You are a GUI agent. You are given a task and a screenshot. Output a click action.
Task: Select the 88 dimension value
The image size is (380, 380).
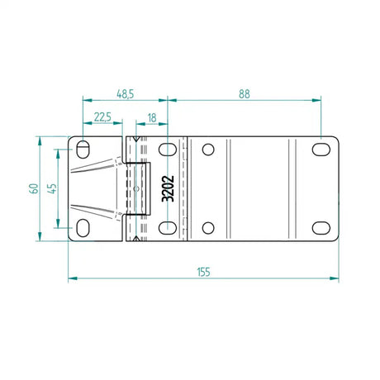pyautogui.click(x=244, y=93)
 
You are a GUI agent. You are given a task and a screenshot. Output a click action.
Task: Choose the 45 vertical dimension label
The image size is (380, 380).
pyautogui.click(x=52, y=188)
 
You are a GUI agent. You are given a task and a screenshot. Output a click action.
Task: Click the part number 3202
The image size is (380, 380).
pyautogui.click(x=168, y=188)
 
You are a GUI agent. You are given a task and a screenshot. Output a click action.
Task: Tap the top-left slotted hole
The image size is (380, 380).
pyautogui.click(x=84, y=150)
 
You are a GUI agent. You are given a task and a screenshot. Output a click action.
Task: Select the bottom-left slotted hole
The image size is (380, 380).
pyautogui.click(x=84, y=227)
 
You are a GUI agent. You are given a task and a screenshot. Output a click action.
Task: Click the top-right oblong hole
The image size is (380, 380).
pyautogui.click(x=319, y=150)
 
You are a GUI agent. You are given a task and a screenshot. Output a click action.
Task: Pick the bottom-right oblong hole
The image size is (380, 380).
pyautogui.click(x=319, y=227)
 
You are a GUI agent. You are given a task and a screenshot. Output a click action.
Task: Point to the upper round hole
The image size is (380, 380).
pyautogui.click(x=208, y=150)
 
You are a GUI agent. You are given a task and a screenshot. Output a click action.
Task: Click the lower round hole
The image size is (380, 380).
pyautogui.click(x=208, y=227)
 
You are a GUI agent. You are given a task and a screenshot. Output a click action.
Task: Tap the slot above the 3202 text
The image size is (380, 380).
pyautogui.click(x=167, y=150)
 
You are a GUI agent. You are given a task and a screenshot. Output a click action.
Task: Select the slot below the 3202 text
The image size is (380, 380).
pyautogui.click(x=167, y=227)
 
